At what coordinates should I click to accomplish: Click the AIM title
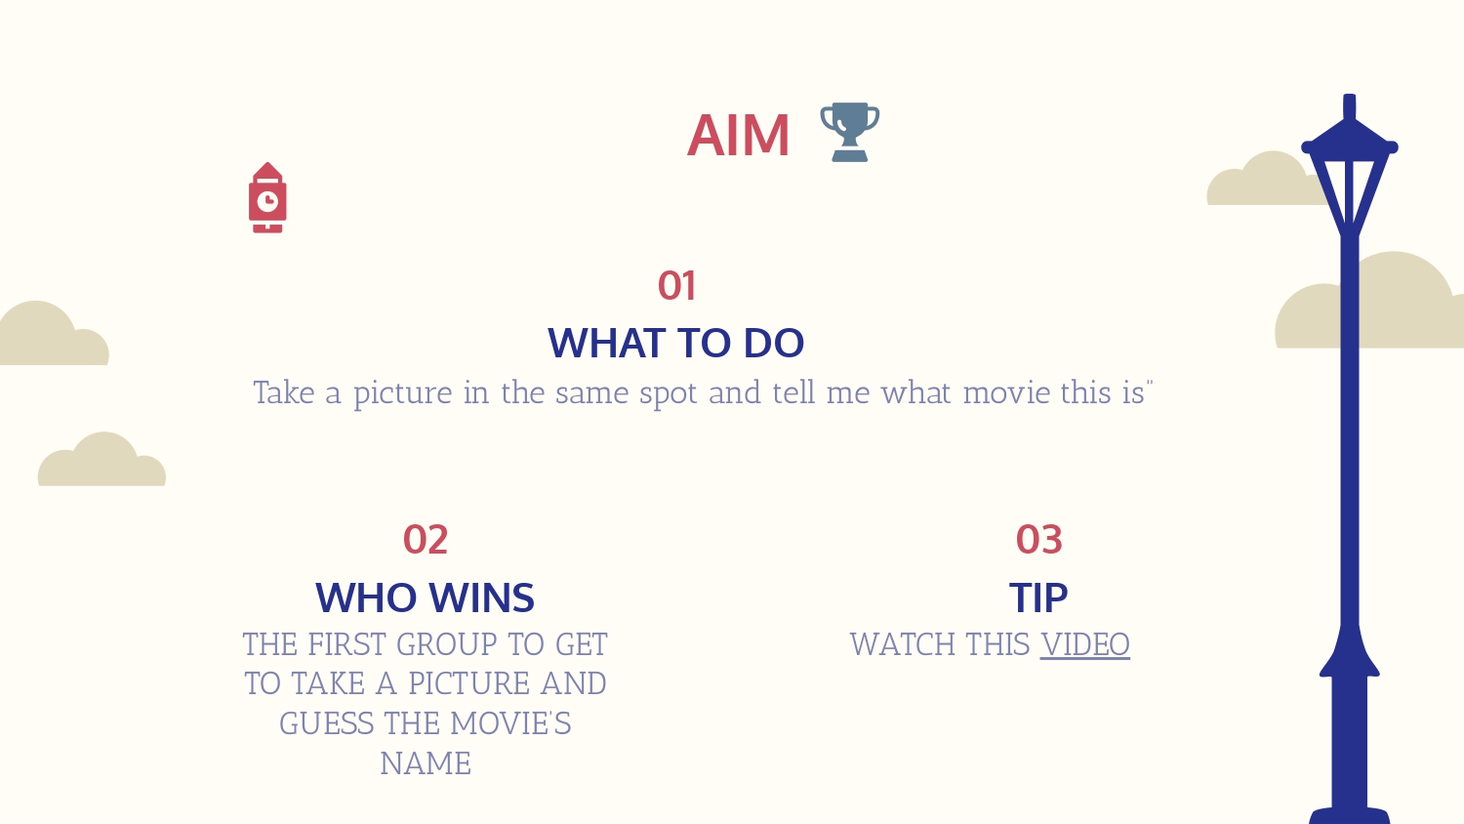click(739, 136)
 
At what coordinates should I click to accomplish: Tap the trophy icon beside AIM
click(850, 132)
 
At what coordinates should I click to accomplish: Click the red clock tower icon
click(267, 197)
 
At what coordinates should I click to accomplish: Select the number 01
click(676, 286)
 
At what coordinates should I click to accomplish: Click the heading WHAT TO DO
click(675, 343)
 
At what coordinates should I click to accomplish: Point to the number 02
click(426, 540)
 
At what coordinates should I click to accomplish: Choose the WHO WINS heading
click(425, 597)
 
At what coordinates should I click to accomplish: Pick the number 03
click(1039, 540)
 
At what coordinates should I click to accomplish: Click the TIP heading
click(1038, 597)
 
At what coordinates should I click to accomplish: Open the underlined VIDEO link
click(1085, 644)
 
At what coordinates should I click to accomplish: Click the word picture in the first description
click(402, 394)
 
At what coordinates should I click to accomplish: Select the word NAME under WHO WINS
click(426, 763)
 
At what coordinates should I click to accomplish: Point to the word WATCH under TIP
click(902, 644)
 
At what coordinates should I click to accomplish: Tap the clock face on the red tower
click(267, 201)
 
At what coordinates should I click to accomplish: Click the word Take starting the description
click(284, 393)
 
